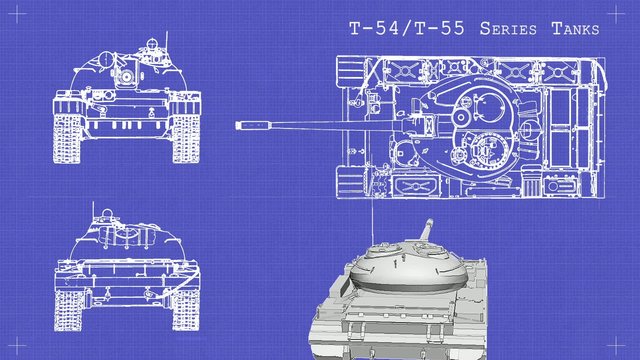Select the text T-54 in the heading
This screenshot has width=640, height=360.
point(371,29)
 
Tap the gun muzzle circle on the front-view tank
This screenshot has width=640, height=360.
point(127,75)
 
